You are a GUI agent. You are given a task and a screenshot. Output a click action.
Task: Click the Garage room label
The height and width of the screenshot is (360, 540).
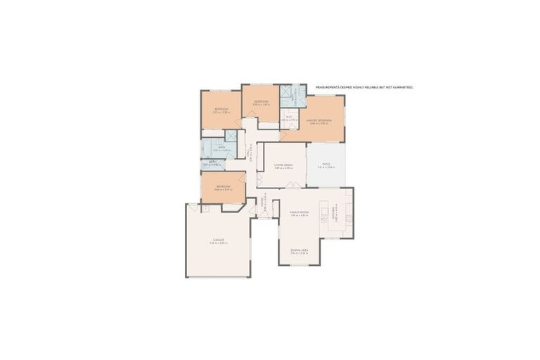point(218,240)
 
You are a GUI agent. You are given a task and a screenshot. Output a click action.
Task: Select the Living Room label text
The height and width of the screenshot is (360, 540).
point(283,165)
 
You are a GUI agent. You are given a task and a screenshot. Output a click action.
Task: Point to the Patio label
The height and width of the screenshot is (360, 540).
point(326,165)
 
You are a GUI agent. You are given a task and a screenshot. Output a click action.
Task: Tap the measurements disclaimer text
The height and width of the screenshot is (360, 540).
point(364,87)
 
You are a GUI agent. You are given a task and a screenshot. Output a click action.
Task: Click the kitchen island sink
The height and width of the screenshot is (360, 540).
point(325,212)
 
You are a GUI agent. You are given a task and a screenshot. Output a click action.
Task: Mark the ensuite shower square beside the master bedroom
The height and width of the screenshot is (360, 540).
point(286,92)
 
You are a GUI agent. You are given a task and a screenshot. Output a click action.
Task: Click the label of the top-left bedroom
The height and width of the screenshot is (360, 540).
point(221,110)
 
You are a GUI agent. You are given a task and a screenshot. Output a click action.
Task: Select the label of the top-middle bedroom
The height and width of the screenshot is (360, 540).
point(260,103)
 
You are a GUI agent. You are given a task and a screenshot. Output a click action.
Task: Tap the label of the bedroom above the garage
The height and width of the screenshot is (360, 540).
point(223,186)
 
